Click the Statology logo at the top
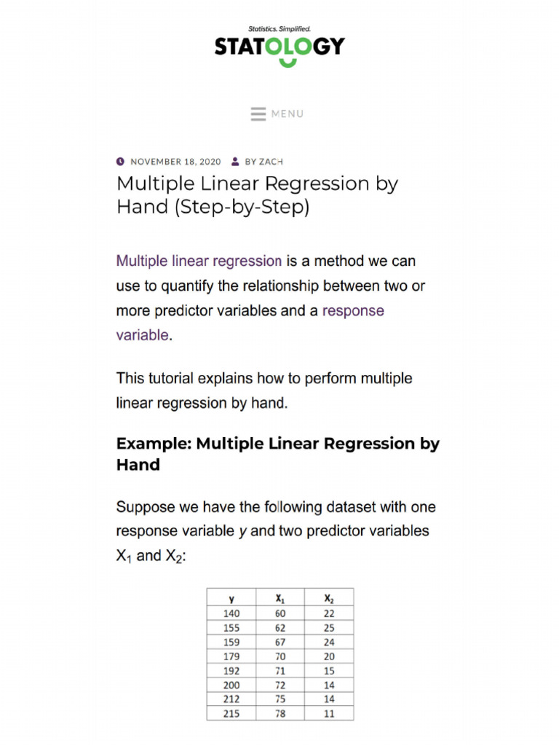(279, 47)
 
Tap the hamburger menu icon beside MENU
(258, 114)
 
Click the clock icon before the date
(120, 161)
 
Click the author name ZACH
(271, 162)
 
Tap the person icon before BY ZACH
(235, 161)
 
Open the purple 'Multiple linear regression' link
(199, 261)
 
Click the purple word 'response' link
(353, 310)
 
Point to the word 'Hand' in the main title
(141, 207)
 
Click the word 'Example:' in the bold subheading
(154, 444)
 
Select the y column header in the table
(231, 599)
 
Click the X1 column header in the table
(280, 599)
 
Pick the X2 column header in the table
(329, 599)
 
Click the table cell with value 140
(231, 613)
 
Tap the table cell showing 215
(231, 714)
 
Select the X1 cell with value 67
(280, 642)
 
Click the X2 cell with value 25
(329, 627)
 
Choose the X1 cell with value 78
(280, 714)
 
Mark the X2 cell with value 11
(329, 714)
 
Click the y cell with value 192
(231, 671)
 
